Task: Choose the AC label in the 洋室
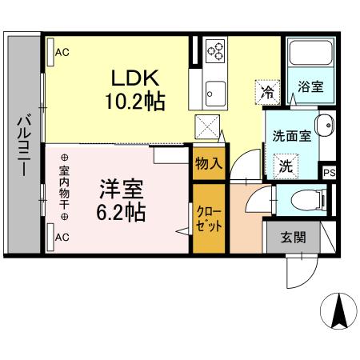coord(62,237)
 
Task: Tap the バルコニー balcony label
coord(22,148)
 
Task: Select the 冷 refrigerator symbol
coord(267,92)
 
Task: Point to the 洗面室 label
coord(290,136)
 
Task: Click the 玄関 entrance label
coord(293,237)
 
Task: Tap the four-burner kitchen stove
coord(216,52)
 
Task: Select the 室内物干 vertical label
coord(65,187)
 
